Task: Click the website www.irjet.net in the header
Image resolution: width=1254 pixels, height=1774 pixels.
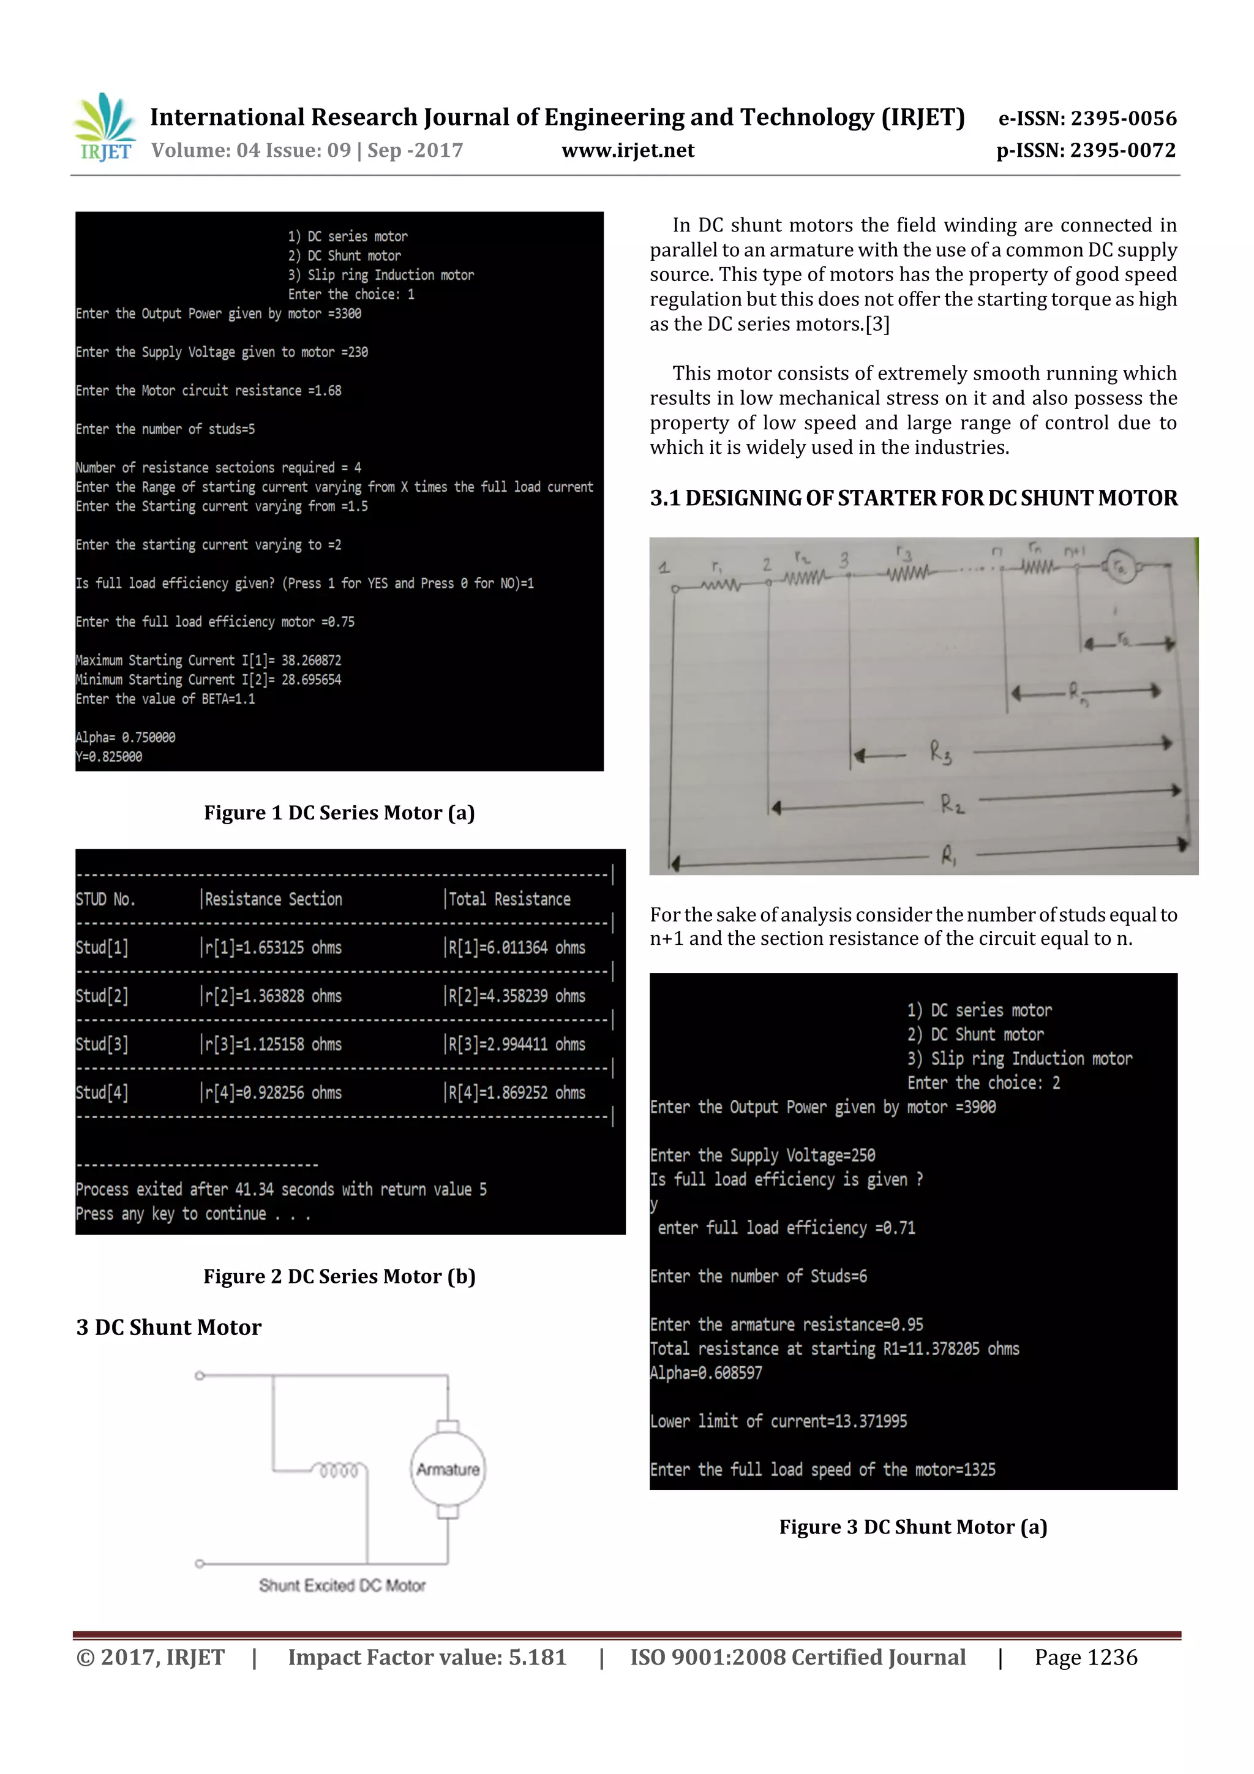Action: click(x=628, y=150)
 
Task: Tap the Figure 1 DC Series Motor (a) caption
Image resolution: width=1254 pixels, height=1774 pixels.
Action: click(x=339, y=812)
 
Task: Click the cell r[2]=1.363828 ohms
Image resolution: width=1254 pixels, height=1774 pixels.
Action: click(x=272, y=996)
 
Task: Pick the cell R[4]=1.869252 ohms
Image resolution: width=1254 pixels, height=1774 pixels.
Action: click(x=516, y=1092)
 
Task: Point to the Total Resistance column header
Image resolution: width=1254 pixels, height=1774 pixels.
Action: click(x=509, y=898)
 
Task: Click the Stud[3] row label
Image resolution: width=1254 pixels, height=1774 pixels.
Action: click(x=102, y=1044)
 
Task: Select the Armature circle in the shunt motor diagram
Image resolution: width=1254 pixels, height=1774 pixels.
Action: click(x=448, y=1469)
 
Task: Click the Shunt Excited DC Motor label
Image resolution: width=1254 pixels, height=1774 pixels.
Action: click(x=342, y=1585)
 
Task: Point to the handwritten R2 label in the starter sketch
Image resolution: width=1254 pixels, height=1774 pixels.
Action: click(x=952, y=803)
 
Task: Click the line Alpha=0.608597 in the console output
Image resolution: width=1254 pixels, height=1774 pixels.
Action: click(x=706, y=1373)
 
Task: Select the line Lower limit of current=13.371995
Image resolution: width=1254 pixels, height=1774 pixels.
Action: click(x=778, y=1421)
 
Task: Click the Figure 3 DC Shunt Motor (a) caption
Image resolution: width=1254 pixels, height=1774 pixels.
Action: click(x=912, y=1527)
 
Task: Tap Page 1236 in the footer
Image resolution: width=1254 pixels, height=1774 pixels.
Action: click(x=1086, y=1656)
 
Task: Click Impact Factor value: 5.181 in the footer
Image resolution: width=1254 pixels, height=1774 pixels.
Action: click(x=427, y=1656)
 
